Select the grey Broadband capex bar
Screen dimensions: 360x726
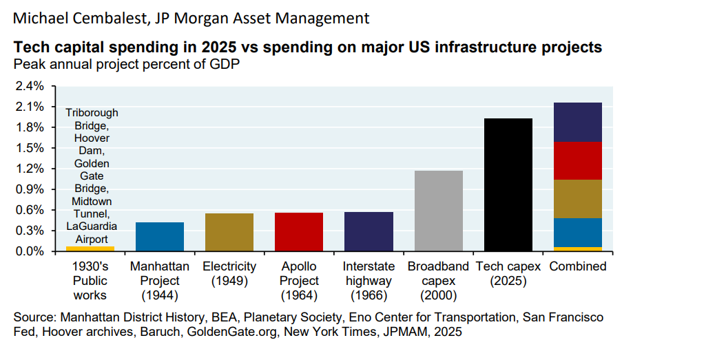(439, 211)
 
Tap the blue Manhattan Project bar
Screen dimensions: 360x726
(160, 236)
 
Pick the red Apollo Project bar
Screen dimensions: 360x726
(299, 231)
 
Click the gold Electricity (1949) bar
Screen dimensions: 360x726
(229, 232)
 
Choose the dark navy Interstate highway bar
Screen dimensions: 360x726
(369, 231)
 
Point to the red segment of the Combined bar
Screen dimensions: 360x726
(578, 160)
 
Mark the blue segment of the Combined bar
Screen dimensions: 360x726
(578, 232)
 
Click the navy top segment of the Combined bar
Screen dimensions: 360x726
(578, 122)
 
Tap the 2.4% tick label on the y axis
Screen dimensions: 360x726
(30, 86)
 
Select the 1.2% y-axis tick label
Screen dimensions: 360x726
(30, 169)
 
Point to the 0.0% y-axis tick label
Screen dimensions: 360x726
(30, 251)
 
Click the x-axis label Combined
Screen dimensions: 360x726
(578, 266)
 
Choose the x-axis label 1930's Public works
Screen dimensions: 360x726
(90, 281)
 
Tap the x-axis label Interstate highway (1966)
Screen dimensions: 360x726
(369, 281)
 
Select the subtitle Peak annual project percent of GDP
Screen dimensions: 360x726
(125, 65)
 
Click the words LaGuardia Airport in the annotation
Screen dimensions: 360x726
(92, 232)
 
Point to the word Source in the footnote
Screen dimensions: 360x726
(34, 317)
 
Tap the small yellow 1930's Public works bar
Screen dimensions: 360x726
(90, 248)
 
